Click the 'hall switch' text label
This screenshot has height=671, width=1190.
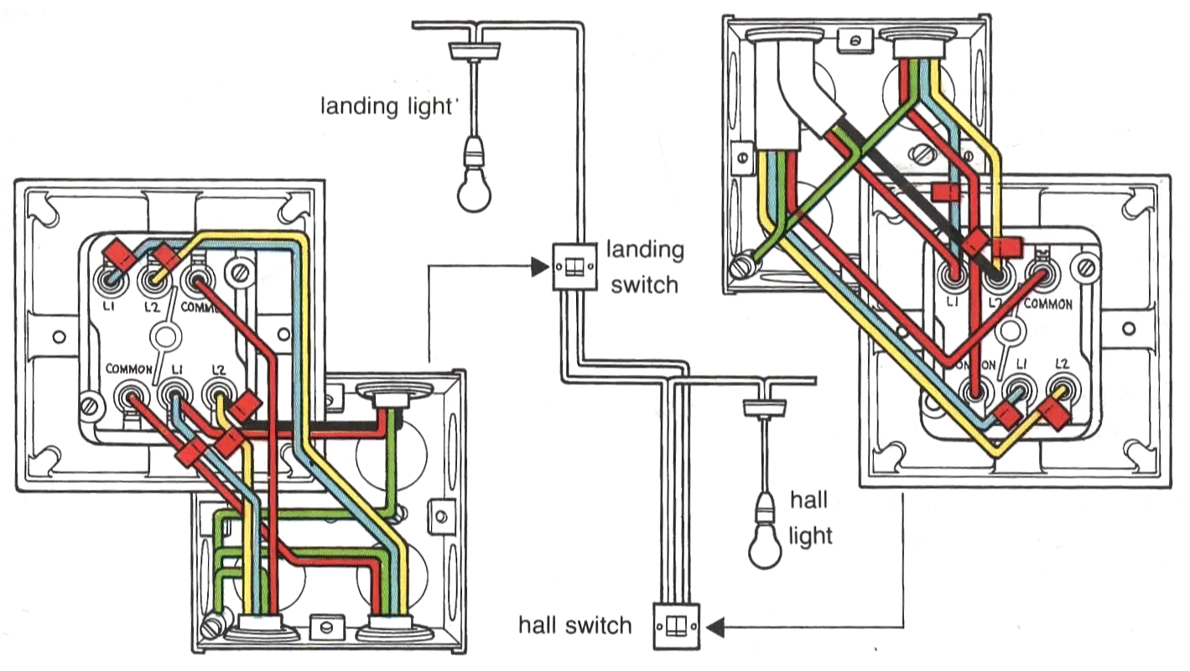pos(574,625)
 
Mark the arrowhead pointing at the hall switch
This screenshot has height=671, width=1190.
pos(714,626)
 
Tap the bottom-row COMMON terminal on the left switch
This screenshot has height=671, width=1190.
pos(130,392)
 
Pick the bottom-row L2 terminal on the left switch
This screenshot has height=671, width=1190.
pos(217,391)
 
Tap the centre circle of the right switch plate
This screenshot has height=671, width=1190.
pos(1010,332)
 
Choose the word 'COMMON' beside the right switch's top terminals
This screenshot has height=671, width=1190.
pos(1047,304)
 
